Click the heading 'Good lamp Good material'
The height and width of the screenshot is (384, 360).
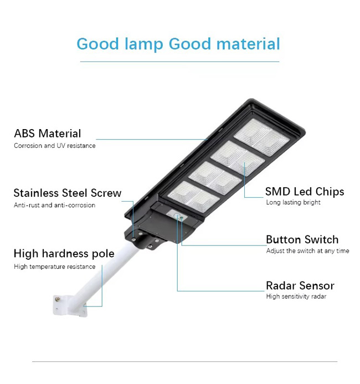click(x=178, y=44)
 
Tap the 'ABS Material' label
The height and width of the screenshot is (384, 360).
click(x=48, y=134)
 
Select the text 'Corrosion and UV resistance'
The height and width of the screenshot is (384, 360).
click(x=55, y=146)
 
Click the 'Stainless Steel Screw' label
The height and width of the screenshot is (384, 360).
click(x=68, y=193)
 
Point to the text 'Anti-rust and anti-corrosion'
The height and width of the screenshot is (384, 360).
click(x=54, y=205)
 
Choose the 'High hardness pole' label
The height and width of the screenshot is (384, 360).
click(x=64, y=254)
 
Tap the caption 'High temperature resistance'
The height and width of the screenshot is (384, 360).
click(x=55, y=267)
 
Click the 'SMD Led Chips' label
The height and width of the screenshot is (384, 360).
click(x=305, y=192)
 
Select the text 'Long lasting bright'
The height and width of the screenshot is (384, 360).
click(x=293, y=202)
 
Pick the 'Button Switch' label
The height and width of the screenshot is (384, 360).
click(x=302, y=239)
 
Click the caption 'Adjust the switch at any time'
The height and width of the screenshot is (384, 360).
click(x=307, y=251)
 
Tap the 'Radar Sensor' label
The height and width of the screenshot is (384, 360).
click(x=300, y=285)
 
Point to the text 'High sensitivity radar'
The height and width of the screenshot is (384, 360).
click(x=296, y=296)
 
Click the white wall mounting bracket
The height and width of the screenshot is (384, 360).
click(x=70, y=306)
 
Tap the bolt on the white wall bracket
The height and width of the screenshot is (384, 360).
click(x=58, y=299)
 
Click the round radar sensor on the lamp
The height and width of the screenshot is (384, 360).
click(x=177, y=216)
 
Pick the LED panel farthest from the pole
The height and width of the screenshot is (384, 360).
click(x=261, y=137)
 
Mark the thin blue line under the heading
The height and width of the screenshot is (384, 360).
click(x=179, y=62)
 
